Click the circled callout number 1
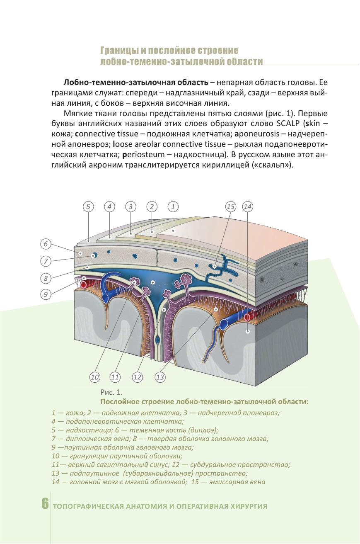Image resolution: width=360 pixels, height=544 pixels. click(173, 206)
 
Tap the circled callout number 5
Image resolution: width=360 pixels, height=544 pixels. click(88, 206)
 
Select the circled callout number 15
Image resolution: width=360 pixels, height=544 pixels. click(230, 206)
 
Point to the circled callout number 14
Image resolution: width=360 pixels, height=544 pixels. click(248, 206)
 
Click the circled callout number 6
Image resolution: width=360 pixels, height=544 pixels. click(46, 244)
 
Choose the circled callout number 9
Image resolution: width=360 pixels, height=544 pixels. click(46, 294)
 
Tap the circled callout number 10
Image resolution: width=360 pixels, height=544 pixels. click(95, 377)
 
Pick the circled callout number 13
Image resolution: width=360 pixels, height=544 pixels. click(160, 377)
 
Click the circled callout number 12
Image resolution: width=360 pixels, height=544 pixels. click(137, 377)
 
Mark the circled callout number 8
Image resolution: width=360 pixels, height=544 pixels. click(46, 278)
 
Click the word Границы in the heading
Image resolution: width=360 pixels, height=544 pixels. click(119, 51)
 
